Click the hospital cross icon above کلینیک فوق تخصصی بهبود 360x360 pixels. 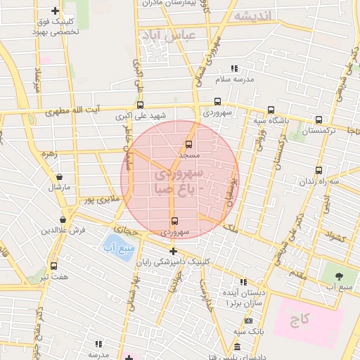coord(56,11)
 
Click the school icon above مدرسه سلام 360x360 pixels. coord(235,69)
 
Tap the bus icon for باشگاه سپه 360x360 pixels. coord(271,110)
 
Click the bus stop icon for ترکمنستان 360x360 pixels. coord(319,120)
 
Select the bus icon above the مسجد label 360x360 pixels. coord(188,144)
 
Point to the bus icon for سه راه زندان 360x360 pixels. coord(319,170)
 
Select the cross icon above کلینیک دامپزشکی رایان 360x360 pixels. coord(173,250)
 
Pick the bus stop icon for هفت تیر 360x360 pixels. coord(54,266)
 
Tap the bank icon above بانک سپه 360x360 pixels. coord(249,321)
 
